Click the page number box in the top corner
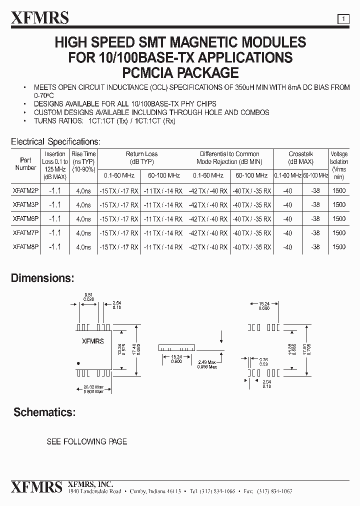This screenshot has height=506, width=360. [343, 19]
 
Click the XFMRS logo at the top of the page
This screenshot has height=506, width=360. [40, 18]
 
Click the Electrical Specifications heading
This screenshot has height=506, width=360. [55, 142]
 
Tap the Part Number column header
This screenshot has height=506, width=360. [25, 164]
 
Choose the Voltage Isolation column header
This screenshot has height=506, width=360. [338, 165]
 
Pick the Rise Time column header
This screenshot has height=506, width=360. [83, 162]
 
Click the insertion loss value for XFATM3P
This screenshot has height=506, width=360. [55, 204]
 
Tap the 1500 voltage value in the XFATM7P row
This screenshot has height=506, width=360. [338, 232]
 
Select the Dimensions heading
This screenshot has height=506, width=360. [42, 278]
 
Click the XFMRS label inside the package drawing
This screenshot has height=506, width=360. [92, 341]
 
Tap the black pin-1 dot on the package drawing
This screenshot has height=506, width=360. [78, 363]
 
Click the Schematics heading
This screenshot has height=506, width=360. [44, 412]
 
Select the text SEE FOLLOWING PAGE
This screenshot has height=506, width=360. [86, 441]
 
